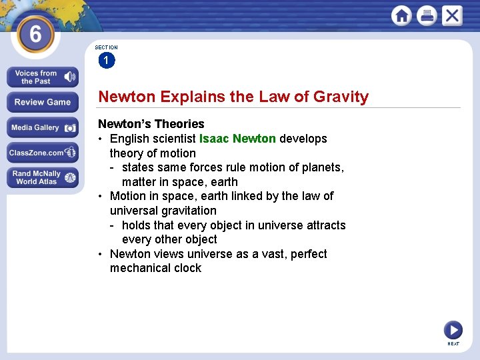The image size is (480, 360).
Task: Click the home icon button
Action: tap(401, 15)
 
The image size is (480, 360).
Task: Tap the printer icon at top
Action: tap(427, 15)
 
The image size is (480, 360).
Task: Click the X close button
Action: tap(452, 15)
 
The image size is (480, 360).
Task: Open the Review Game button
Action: tap(42, 102)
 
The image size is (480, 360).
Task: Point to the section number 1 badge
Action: tap(106, 61)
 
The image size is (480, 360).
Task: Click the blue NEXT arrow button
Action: tap(453, 329)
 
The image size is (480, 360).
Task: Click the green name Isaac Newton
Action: tap(237, 139)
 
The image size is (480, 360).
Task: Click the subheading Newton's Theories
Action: tap(151, 124)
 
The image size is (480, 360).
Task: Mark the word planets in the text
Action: tap(322, 167)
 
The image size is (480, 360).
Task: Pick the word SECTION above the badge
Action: tap(106, 47)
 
